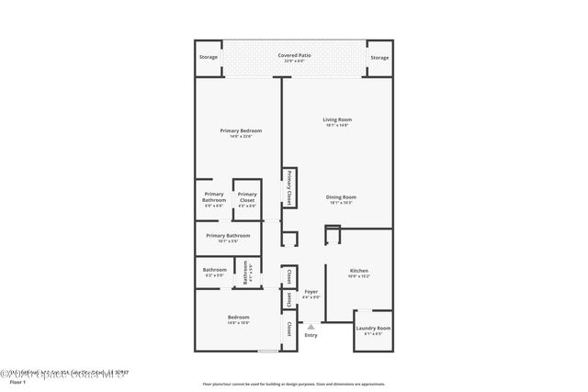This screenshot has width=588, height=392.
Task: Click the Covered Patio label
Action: (x=293, y=57)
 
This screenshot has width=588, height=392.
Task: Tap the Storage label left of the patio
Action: (x=209, y=58)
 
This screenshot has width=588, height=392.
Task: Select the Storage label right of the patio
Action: (x=379, y=58)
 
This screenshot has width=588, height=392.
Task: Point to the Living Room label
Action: (x=337, y=122)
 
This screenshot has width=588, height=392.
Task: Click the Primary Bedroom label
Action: (x=236, y=133)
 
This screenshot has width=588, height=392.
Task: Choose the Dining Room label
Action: (x=341, y=199)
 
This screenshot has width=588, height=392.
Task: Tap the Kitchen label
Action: (x=358, y=273)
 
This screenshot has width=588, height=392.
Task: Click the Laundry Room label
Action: (x=373, y=330)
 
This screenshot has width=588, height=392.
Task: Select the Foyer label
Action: (x=311, y=294)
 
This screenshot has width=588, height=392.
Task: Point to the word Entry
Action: (x=311, y=335)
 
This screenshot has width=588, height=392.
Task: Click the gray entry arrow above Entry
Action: (x=311, y=325)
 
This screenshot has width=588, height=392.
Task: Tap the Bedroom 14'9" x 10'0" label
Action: (x=239, y=320)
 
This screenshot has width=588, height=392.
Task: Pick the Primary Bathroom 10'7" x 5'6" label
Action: (x=229, y=239)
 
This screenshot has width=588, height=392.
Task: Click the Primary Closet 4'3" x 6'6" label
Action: (x=247, y=199)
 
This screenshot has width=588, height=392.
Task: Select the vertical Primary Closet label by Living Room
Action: (x=288, y=187)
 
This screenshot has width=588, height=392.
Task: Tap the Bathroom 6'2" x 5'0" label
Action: (x=214, y=272)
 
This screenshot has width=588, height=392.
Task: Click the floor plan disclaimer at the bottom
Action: (x=293, y=384)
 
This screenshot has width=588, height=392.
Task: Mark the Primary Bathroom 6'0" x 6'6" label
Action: (x=213, y=199)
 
